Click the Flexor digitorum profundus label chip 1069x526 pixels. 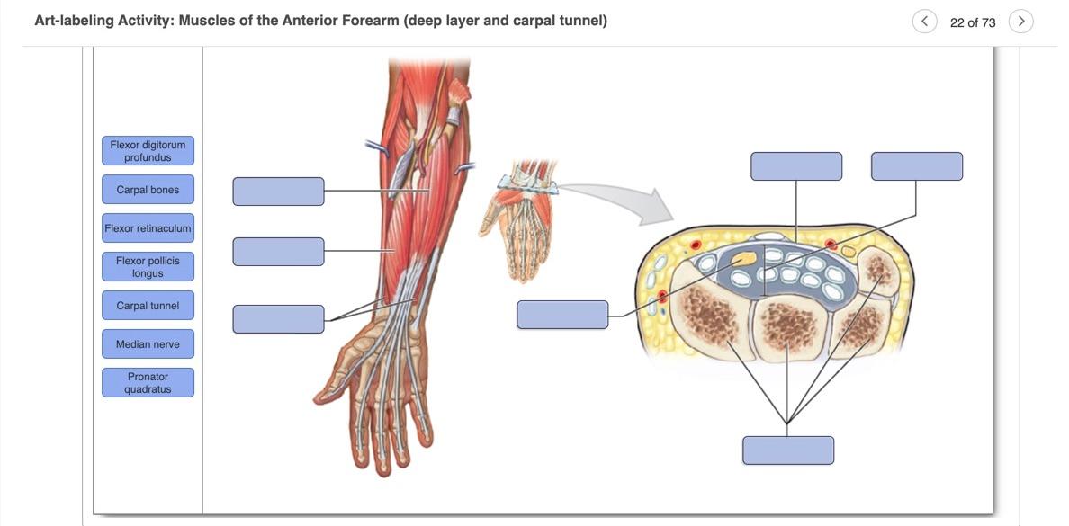148,151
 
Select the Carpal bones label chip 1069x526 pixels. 148,190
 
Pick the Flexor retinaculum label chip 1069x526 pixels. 148,228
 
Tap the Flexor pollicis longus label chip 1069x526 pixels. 148,267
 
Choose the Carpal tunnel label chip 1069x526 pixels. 148,306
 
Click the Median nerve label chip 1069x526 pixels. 148,344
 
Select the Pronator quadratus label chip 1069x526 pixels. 148,383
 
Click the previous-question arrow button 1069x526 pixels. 924,22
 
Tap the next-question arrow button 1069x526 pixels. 1020,22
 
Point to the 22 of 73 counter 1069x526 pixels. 973,22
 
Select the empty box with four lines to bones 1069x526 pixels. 788,450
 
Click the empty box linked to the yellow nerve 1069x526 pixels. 562,315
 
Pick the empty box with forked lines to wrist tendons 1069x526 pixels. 278,319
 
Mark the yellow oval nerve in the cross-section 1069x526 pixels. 744,259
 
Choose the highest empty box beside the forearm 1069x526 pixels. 278,192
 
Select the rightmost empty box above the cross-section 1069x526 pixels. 917,166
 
